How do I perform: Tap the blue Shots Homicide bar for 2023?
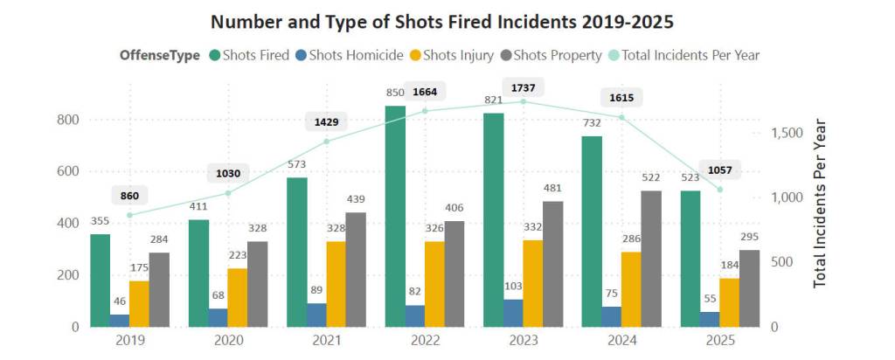pyautogui.click(x=512, y=313)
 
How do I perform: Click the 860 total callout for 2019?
pyautogui.click(x=129, y=194)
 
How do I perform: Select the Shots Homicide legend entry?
pyautogui.click(x=350, y=55)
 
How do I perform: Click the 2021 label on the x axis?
pyautogui.click(x=327, y=341)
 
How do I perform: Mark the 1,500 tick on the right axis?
pyautogui.click(x=787, y=133)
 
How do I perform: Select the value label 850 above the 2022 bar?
pyautogui.click(x=394, y=93)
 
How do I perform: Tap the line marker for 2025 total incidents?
pyautogui.click(x=720, y=190)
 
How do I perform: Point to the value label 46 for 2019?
pyautogui.click(x=120, y=299)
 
